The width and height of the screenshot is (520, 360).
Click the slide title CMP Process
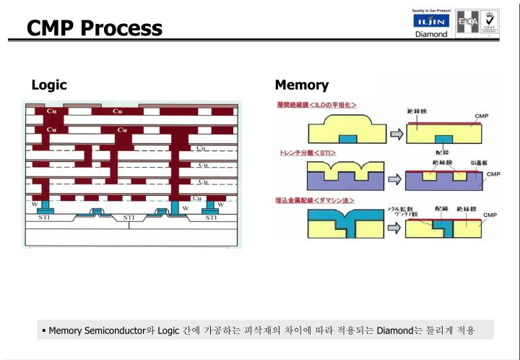(95, 27)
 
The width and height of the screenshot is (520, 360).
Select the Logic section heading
(49, 85)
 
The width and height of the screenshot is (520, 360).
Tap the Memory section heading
(301, 85)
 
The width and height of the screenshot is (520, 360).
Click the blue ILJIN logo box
(430, 22)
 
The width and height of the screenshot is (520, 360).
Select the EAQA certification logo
(466, 21)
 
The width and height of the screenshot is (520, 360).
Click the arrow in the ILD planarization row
(396, 134)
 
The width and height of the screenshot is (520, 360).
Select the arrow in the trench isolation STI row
(396, 178)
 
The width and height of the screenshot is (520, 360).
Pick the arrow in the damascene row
(396, 225)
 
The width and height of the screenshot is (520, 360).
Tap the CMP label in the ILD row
(481, 116)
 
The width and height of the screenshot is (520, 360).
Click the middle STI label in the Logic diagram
(129, 218)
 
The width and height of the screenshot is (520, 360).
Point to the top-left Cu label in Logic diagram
(51, 111)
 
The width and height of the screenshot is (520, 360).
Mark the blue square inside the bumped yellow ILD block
(347, 138)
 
